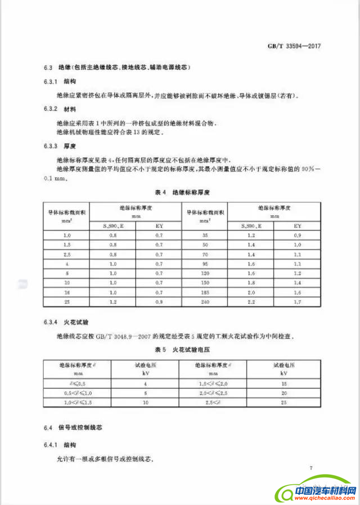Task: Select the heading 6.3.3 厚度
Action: tap(61, 146)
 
